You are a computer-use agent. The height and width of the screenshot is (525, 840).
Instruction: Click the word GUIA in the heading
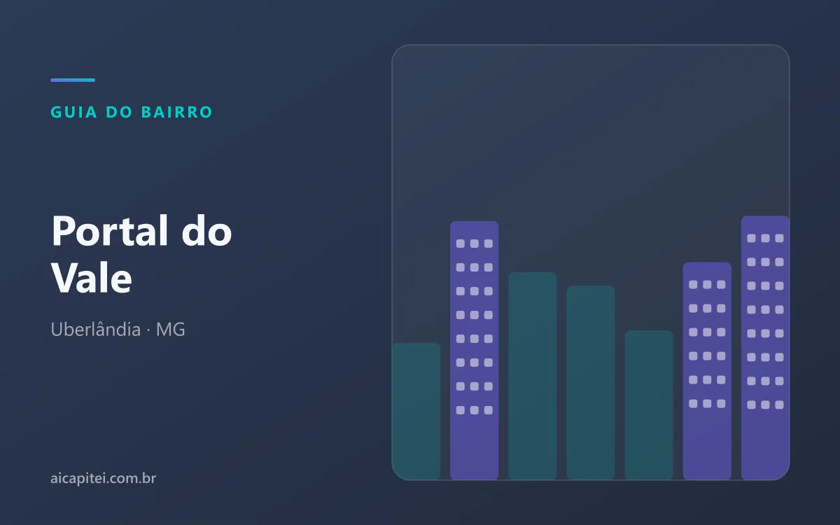tap(74, 112)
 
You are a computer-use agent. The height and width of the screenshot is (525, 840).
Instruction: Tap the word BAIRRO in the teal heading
tap(177, 112)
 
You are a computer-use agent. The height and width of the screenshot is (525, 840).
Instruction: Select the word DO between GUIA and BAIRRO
tap(119, 112)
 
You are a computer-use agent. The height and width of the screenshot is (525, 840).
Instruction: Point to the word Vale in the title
tap(92, 278)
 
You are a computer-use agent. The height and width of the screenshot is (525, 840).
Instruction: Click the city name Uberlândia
tap(96, 329)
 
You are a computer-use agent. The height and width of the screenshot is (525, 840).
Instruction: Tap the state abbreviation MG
tap(170, 330)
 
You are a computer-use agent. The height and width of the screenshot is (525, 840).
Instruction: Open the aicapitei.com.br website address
tap(103, 478)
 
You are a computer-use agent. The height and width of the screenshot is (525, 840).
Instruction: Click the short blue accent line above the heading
tap(73, 80)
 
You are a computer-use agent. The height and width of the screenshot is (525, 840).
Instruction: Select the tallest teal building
tap(533, 376)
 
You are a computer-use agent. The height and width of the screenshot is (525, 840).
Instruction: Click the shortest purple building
tap(707, 371)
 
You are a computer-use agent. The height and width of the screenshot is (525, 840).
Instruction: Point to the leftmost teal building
tap(416, 412)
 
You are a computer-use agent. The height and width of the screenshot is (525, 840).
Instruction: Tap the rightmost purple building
tap(765, 348)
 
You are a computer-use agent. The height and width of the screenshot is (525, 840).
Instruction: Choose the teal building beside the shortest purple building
tap(649, 405)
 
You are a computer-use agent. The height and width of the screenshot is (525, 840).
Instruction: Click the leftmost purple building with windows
tap(475, 350)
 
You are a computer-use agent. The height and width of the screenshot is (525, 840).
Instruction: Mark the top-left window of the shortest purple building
tap(693, 285)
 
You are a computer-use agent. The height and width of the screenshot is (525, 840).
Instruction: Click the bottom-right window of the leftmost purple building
tap(489, 410)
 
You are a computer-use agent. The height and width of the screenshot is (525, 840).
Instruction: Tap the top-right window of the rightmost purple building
tap(779, 238)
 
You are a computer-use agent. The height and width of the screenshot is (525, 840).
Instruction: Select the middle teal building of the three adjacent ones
tap(591, 382)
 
